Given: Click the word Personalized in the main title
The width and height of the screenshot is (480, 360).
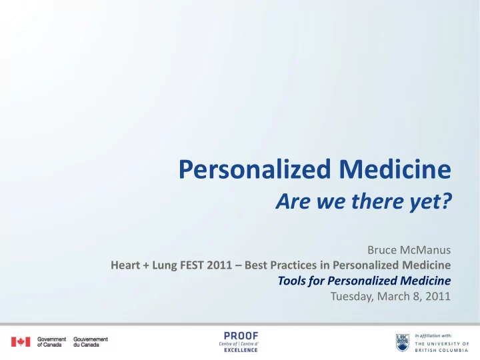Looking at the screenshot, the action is tap(255, 169).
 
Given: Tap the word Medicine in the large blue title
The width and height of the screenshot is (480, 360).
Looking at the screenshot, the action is tap(395, 169).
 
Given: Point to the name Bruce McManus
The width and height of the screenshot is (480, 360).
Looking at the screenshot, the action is tap(409, 250).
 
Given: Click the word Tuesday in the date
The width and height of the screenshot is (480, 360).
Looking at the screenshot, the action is tap(352, 296).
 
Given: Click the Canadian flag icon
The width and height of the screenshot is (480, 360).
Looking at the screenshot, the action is tap(21, 341).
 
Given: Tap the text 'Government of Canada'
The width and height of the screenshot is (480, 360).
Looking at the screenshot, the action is tap(51, 342).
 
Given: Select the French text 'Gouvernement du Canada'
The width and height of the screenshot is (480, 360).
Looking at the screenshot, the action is tap(91, 342).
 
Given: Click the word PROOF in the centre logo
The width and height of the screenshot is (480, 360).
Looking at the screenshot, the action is tap(241, 336).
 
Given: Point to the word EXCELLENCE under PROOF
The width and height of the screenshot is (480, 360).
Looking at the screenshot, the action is tap(241, 350).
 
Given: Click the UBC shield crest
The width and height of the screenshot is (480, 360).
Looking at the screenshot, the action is tap(403, 343).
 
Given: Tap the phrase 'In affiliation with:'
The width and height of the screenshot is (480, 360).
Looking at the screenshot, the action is tap(433, 336).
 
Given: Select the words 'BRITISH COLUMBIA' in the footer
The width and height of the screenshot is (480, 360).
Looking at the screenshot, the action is tap(441, 350).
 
